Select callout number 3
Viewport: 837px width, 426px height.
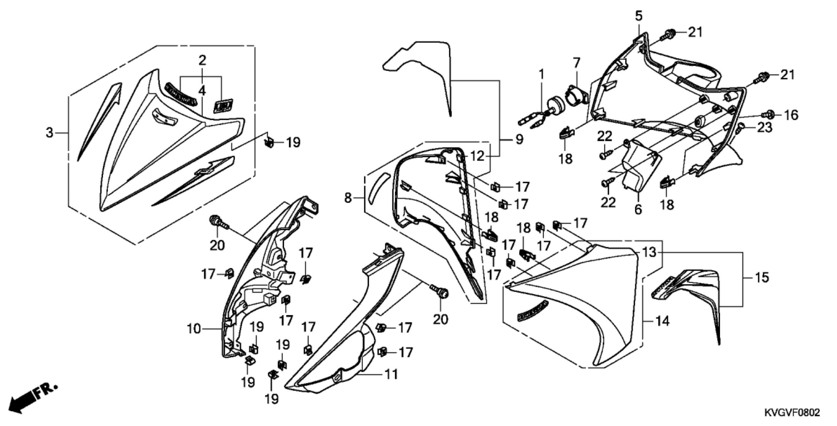[x=49, y=133]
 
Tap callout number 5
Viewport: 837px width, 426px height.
[x=636, y=15]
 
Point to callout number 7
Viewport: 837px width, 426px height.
[x=576, y=62]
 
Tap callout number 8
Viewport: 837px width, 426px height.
[x=348, y=197]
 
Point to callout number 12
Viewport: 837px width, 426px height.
[x=477, y=156]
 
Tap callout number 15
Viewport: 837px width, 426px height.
[x=762, y=278]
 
